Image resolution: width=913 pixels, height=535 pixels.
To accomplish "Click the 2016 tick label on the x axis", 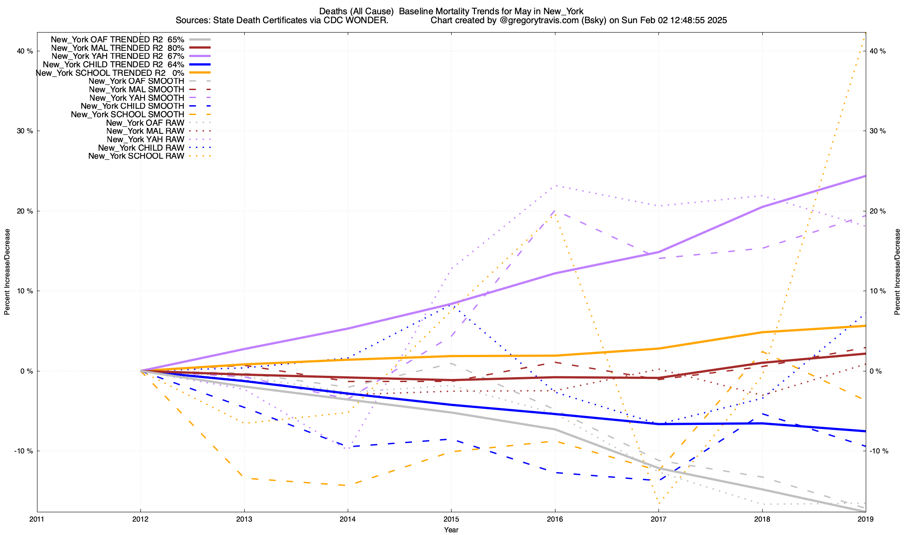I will [x=555, y=519].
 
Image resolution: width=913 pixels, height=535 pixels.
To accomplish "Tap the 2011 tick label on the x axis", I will [x=37, y=519].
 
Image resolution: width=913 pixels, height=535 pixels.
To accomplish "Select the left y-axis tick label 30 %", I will [x=25, y=131].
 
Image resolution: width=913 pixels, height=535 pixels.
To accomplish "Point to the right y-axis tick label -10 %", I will [x=878, y=451].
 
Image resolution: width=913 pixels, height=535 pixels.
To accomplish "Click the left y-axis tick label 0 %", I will [x=26, y=371].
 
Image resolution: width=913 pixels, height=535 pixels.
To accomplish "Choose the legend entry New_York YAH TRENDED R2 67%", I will [x=118, y=56].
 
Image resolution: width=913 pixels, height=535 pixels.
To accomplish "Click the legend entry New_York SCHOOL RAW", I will [x=136, y=156].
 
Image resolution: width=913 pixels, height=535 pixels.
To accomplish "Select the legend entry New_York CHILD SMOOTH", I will [x=132, y=106].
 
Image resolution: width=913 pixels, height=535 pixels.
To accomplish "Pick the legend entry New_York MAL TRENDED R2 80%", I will [x=118, y=48].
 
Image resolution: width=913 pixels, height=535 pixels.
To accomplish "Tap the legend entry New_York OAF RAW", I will [x=145, y=123].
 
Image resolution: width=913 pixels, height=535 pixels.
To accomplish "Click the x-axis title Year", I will [x=451, y=530].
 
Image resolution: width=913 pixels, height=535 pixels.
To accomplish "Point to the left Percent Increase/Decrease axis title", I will [x=7, y=272].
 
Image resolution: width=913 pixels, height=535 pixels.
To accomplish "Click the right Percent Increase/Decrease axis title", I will [x=897, y=272].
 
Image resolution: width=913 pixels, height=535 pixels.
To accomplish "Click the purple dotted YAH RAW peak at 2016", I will [x=555, y=185].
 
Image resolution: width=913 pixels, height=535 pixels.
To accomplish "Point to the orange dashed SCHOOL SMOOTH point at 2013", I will [x=244, y=478].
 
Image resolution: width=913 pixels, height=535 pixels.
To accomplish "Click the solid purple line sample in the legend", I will [x=200, y=56].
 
